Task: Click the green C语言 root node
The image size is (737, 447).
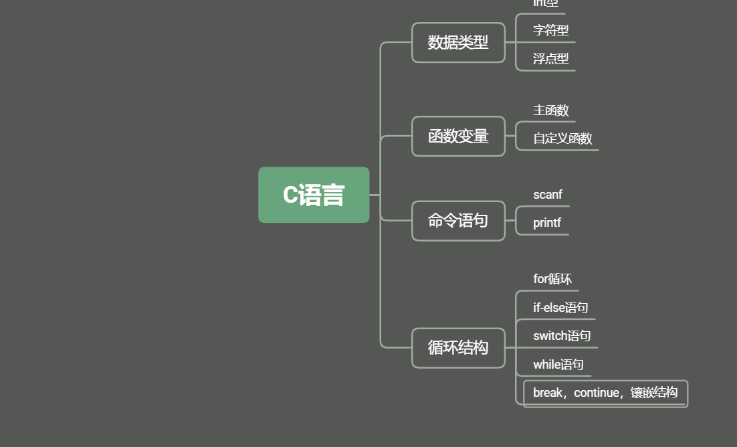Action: coord(314,195)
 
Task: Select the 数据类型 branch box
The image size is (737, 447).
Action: coord(458,43)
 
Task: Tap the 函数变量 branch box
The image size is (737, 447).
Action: coord(458,137)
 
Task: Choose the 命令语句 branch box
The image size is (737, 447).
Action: coord(458,220)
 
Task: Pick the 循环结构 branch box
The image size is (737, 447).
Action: coord(458,347)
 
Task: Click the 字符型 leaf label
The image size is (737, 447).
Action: coord(550,30)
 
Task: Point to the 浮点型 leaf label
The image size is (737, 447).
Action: coord(550,59)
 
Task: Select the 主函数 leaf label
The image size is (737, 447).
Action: coord(550,110)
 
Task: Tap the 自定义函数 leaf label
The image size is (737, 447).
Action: coord(562,139)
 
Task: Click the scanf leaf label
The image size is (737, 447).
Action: coord(548,195)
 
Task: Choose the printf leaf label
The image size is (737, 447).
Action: coord(547,223)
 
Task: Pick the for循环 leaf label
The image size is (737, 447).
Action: coord(552,279)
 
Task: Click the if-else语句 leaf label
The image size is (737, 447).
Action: coord(560,308)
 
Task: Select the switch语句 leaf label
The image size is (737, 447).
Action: coord(562,336)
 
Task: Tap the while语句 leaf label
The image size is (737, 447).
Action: coord(558,365)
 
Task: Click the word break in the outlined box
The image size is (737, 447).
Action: coord(548,393)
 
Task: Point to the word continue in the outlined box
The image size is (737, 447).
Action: coord(597,393)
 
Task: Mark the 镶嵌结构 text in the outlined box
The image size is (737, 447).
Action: coord(654,393)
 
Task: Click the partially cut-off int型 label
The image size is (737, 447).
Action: coord(545,3)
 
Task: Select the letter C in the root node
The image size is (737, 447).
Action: coord(290,195)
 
